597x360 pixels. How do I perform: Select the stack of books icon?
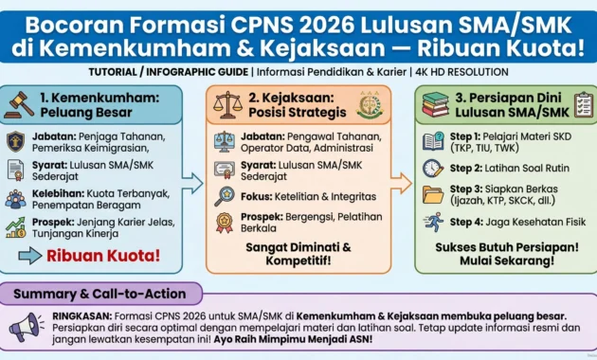coord(438,103)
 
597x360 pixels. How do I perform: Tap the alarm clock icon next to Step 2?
coord(433,168)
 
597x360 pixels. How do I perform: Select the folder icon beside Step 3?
coord(433,195)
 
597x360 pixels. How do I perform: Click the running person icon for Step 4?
coord(433,224)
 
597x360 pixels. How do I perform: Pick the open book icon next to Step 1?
coord(433,141)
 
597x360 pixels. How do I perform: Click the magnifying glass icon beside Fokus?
coord(224,196)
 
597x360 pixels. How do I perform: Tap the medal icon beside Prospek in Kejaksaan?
coord(224,223)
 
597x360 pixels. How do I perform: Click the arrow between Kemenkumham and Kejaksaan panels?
coord(193,182)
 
